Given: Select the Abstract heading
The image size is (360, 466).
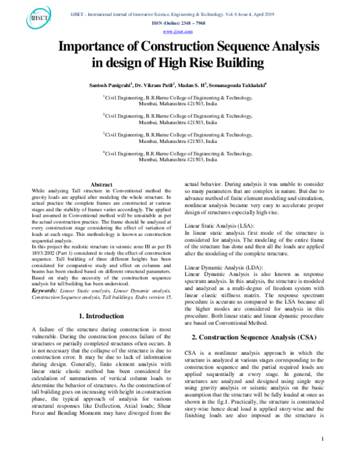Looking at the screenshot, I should (101, 184).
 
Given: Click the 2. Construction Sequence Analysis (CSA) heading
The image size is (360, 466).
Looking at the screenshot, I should (259, 338).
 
